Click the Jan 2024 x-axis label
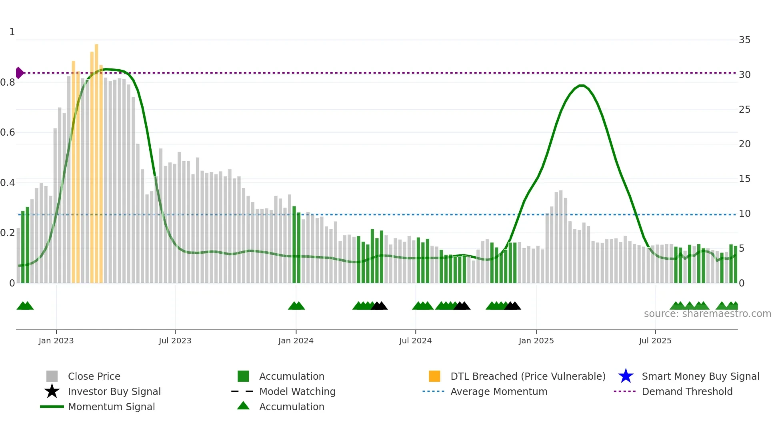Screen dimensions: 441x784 pos(296,341)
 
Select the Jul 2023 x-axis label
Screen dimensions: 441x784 pos(175,341)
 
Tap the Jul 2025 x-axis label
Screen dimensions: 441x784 pos(655,341)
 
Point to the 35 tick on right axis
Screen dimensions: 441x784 pos(744,40)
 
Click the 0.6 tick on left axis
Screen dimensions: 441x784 pos(8,132)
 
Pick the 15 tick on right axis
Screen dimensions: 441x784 pos(744,179)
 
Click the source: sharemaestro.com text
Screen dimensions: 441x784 pos(707,314)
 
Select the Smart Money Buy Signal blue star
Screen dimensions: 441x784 pos(626,376)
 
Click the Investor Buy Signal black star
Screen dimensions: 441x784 pos(52,391)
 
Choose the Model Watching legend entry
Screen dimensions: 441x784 pos(297,391)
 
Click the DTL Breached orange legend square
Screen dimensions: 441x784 pos(434,376)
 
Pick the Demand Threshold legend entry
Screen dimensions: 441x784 pos(687,391)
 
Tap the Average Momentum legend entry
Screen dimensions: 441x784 pos(498,391)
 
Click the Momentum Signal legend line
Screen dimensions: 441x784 pos(52,407)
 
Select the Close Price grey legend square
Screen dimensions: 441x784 pos(52,376)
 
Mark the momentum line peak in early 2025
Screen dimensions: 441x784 pos(582,86)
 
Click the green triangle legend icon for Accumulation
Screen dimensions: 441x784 pos(243,406)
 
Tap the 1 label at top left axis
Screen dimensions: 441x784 pos(12,32)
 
